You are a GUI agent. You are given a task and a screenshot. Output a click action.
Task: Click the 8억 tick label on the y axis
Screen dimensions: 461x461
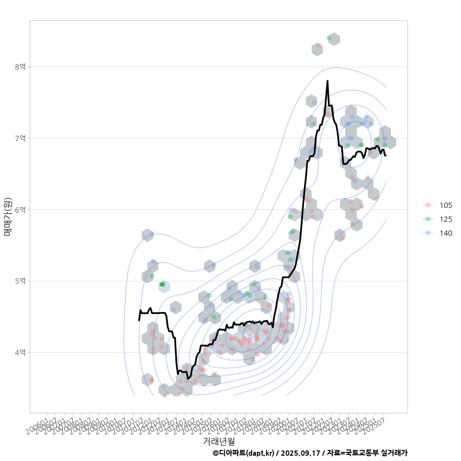tap(21, 67)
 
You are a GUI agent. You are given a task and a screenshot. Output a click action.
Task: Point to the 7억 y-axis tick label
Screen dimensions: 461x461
tap(21, 138)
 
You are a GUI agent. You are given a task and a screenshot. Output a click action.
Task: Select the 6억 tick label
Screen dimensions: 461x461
tap(21, 210)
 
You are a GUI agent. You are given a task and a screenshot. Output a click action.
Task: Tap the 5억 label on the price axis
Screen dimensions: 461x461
tap(21, 281)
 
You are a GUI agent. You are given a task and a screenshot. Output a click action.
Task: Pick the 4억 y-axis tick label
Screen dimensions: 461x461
tap(21, 352)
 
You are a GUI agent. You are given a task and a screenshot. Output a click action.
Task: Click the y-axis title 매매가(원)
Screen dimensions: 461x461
tap(7, 217)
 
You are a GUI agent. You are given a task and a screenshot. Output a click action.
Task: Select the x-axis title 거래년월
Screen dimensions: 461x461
tap(219, 440)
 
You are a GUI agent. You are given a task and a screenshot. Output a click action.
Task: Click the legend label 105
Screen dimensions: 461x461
tap(446, 205)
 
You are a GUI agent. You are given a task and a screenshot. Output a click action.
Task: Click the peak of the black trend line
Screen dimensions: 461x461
tap(328, 81)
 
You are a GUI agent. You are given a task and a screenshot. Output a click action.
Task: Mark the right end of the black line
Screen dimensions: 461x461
tap(386, 155)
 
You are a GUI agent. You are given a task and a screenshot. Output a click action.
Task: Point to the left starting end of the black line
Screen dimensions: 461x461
tap(139, 320)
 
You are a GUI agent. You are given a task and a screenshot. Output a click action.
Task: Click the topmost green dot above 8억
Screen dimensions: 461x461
tap(329, 38)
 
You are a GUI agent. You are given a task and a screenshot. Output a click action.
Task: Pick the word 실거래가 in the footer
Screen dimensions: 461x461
tap(394, 453)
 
